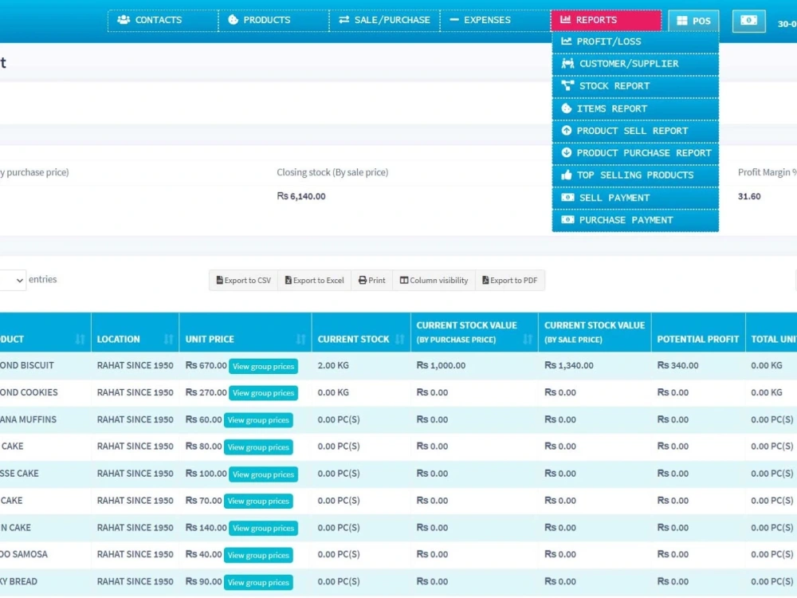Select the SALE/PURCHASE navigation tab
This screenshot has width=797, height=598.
click(384, 20)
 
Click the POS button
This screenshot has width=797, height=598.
click(693, 21)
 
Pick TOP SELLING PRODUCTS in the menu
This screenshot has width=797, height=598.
click(635, 175)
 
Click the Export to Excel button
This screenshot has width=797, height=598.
click(315, 281)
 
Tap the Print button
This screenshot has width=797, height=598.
click(371, 281)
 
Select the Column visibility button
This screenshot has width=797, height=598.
click(434, 281)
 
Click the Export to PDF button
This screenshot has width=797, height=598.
click(510, 281)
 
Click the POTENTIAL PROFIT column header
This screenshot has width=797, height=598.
click(698, 339)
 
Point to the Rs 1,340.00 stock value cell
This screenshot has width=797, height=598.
click(571, 365)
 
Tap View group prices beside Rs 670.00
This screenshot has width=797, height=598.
click(263, 367)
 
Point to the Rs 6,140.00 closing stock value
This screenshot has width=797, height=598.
click(301, 196)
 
